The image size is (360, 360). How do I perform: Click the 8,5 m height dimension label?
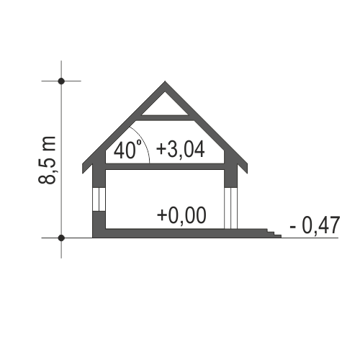coord(47,161)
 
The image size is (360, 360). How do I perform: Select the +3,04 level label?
coord(181,149)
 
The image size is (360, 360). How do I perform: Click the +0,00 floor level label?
coord(181,215)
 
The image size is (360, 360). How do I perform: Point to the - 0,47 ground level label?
coord(315,225)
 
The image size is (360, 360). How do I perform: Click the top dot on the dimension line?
coord(61,81)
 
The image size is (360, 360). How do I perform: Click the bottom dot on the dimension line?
coord(61,238)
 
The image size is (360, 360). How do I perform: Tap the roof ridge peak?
coord(165,81)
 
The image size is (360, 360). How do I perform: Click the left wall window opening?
coord(99,199)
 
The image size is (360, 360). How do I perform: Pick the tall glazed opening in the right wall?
coord(231,208)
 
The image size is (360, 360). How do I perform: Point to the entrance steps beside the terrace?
coord(274,233)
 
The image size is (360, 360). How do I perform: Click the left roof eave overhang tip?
coord(83,173)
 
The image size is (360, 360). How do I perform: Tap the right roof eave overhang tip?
coord(247,173)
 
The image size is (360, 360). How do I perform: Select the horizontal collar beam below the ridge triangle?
coord(165,118)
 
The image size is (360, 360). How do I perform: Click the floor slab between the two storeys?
coord(165,166)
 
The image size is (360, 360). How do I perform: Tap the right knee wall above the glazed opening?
coord(231,173)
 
